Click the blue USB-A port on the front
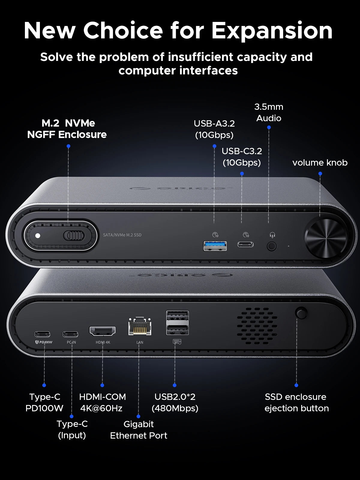pos(215,246)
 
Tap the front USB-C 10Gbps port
pos(245,244)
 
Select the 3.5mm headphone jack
pos(271,246)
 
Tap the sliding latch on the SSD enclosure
pos(73,235)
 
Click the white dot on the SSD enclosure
pos(38,235)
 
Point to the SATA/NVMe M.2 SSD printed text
pos(122,235)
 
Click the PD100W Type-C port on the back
pos(42,334)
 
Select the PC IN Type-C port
pos(70,334)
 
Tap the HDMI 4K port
pos(102,331)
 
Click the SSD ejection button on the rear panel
pos(301,313)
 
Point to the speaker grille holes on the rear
pos(257,326)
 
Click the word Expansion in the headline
pos(272,31)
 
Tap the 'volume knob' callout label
pos(320,163)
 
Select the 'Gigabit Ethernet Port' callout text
pos(139,430)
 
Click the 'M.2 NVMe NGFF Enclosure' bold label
pos(67,129)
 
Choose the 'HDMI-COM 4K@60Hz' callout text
pos(102,402)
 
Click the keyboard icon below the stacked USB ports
pos(177,342)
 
